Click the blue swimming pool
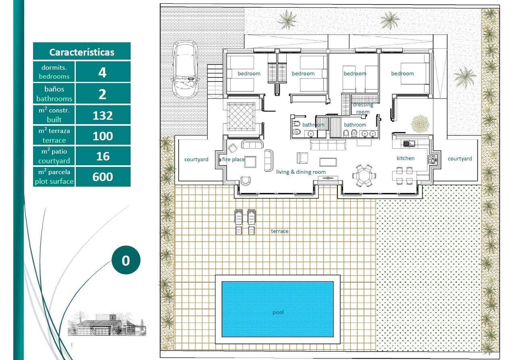[x=277, y=309]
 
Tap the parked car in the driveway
[x=185, y=69]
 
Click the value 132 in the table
[x=102, y=115]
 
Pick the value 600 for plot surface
[x=102, y=177]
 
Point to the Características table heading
[x=81, y=52]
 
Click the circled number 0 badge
[x=125, y=260]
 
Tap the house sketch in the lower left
[x=106, y=325]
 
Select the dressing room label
[x=363, y=108]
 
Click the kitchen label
[x=405, y=158]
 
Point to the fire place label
[x=233, y=159]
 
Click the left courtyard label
[x=196, y=159]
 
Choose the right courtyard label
[x=460, y=158]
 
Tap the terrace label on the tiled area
[x=279, y=231]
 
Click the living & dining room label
[x=301, y=172]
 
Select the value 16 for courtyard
[x=102, y=156]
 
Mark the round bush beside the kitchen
[x=420, y=123]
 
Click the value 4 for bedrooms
[x=102, y=73]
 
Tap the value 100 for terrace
[x=102, y=136]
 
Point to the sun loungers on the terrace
[x=245, y=222]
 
